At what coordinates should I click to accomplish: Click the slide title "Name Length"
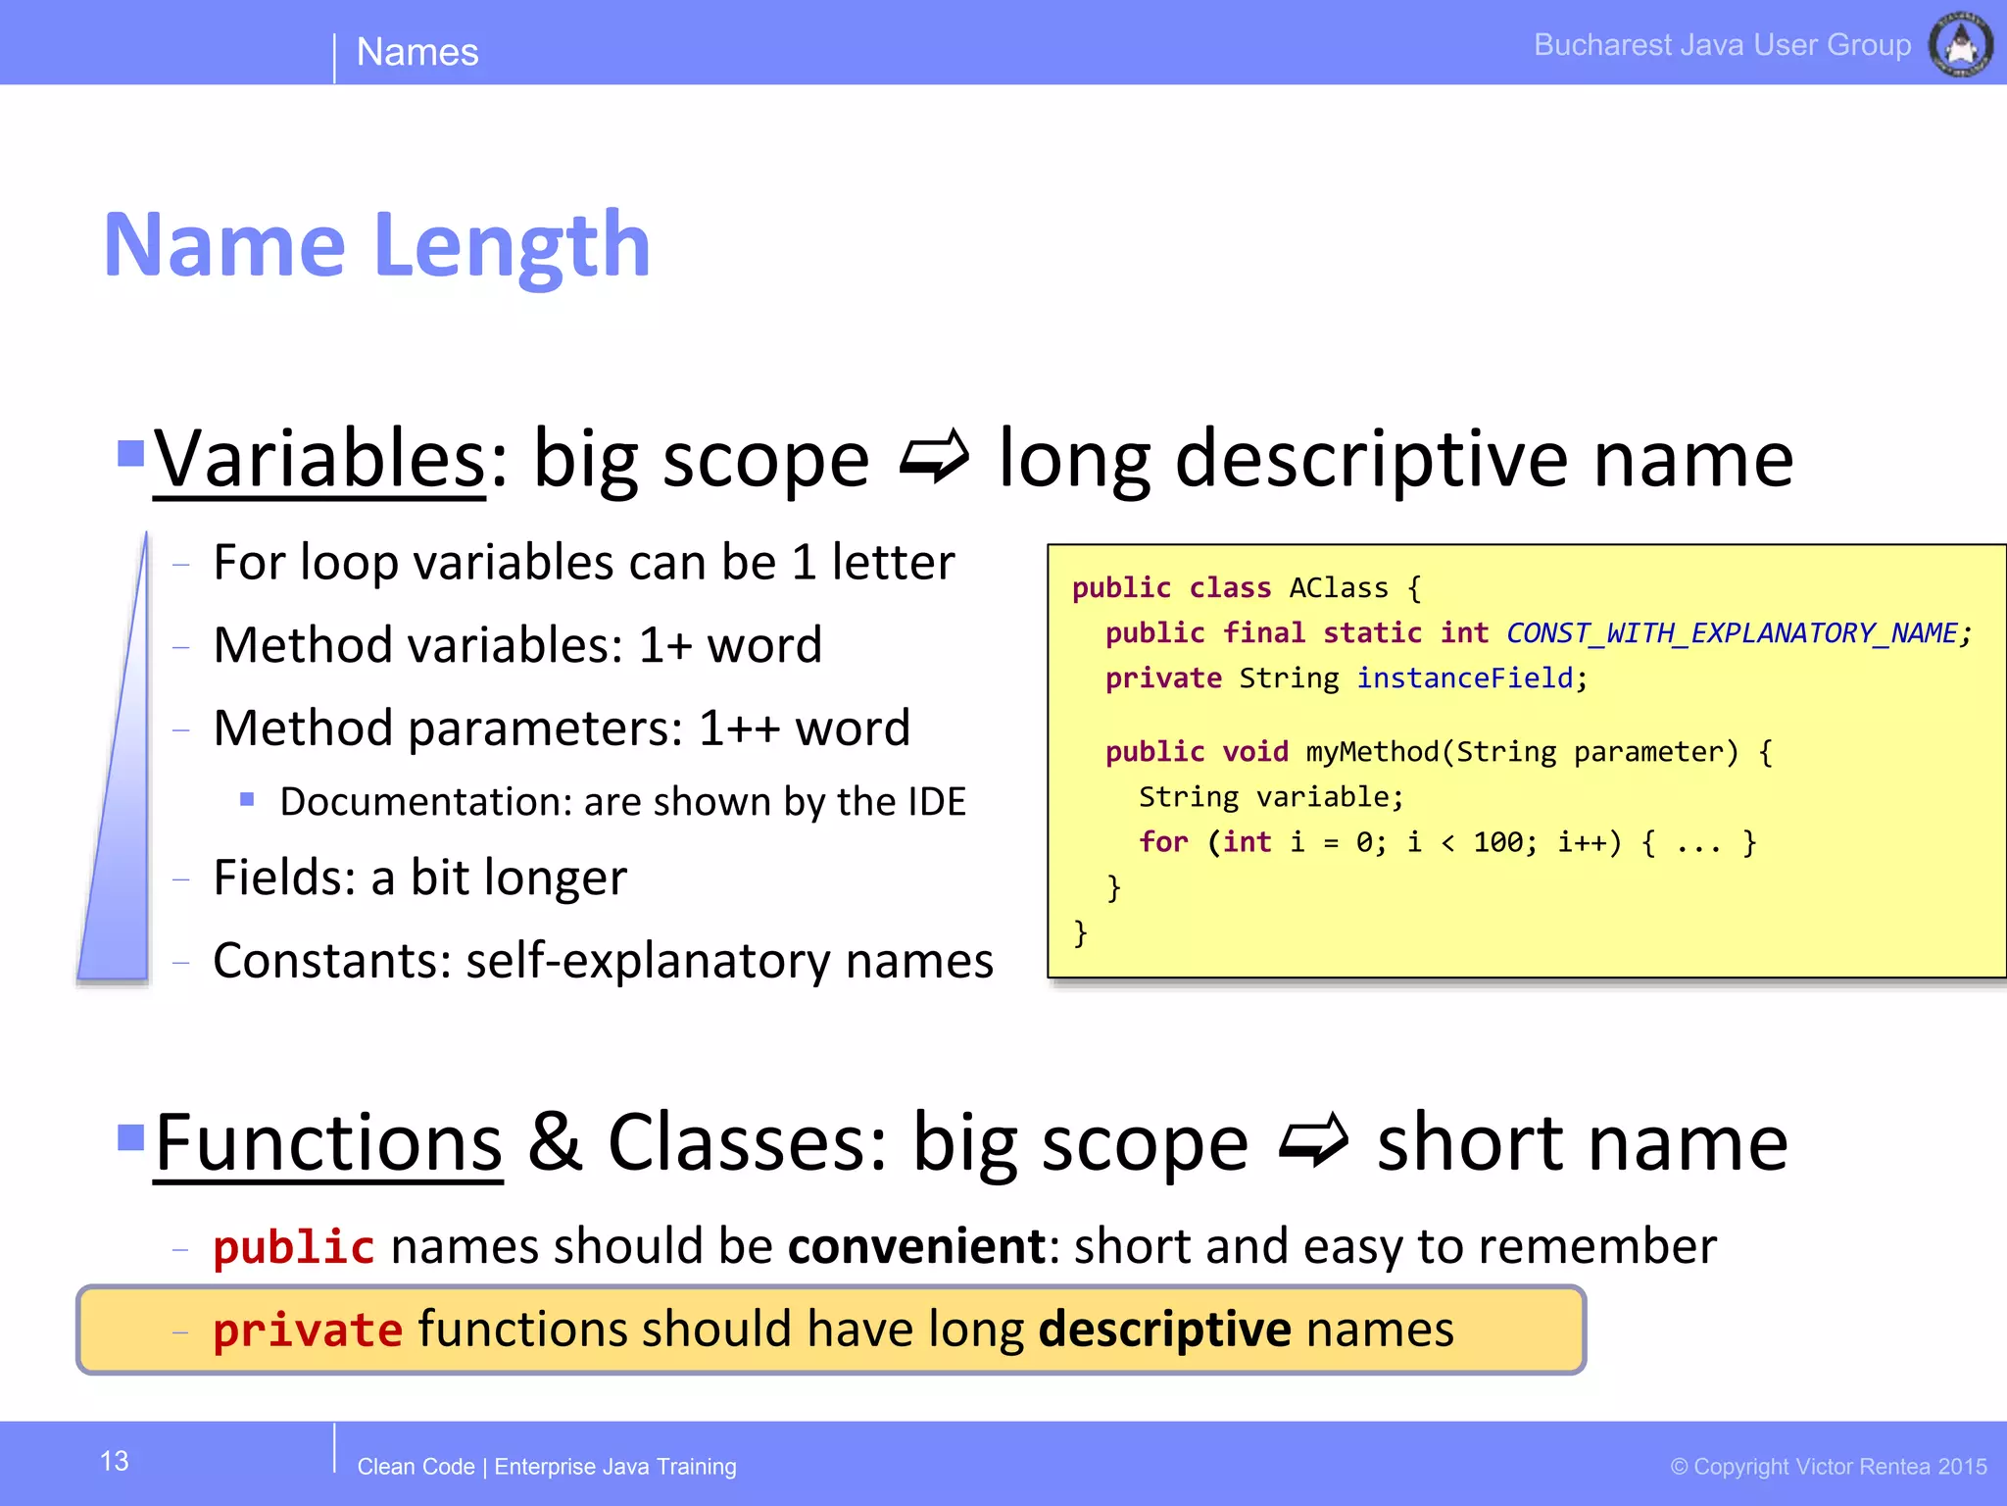(377, 245)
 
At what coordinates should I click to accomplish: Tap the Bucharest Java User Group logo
(1960, 44)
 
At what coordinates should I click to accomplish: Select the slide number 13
(115, 1461)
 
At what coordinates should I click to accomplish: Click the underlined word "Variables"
(319, 459)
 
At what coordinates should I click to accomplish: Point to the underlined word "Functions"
(328, 1143)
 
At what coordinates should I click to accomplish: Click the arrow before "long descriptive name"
(934, 457)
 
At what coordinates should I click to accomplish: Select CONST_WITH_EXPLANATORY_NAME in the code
(1731, 633)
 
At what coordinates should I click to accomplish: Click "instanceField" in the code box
(1464, 678)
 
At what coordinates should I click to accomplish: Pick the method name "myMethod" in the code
(1372, 752)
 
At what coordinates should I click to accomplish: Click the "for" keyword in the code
(1163, 842)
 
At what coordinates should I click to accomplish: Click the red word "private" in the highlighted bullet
(308, 1330)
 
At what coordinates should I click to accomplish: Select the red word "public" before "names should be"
(294, 1247)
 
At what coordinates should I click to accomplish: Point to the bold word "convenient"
(917, 1246)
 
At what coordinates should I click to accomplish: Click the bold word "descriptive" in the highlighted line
(1164, 1330)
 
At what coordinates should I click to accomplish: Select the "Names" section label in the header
(417, 52)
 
